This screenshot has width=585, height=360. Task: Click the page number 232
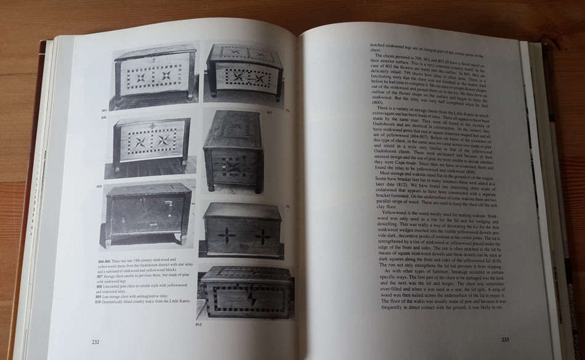click(95, 342)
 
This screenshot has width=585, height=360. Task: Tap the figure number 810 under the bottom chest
click(199, 324)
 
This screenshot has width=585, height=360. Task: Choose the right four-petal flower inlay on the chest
click(264, 236)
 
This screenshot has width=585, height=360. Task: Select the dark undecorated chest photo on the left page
click(148, 213)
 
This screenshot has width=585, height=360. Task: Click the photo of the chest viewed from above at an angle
click(234, 151)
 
